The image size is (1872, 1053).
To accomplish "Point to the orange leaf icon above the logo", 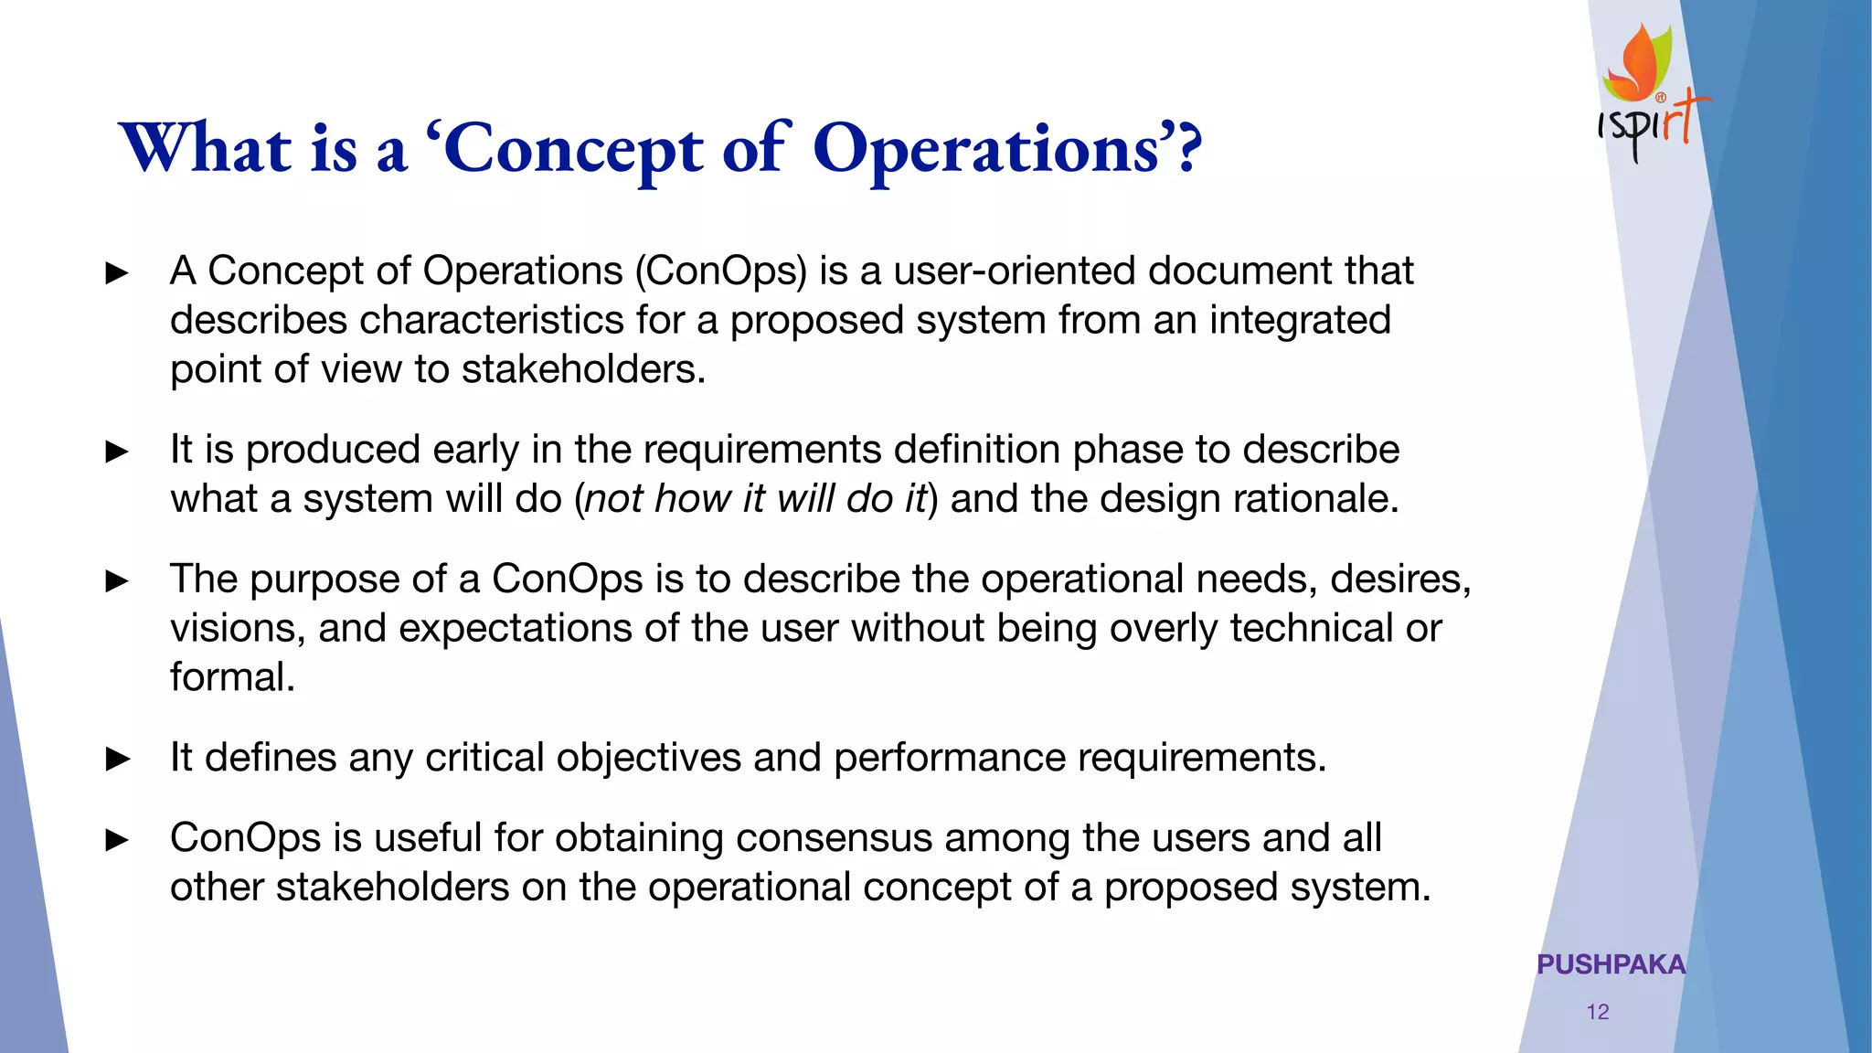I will pyautogui.click(x=1642, y=62).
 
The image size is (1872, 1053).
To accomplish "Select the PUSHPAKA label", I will pyautogui.click(x=1611, y=964).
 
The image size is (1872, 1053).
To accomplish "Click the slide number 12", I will pyautogui.click(x=1597, y=1012).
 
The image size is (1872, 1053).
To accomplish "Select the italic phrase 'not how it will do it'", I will pyautogui.click(x=755, y=499).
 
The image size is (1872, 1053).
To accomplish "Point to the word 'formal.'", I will pyautogui.click(x=232, y=677).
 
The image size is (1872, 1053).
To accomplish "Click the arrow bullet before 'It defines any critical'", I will pyautogui.click(x=118, y=759).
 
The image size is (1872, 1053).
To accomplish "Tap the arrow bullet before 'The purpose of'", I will pyautogui.click(x=118, y=580).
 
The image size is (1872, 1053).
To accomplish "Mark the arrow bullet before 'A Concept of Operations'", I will pyautogui.click(x=118, y=272).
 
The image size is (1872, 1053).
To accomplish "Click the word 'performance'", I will pyautogui.click(x=950, y=758).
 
